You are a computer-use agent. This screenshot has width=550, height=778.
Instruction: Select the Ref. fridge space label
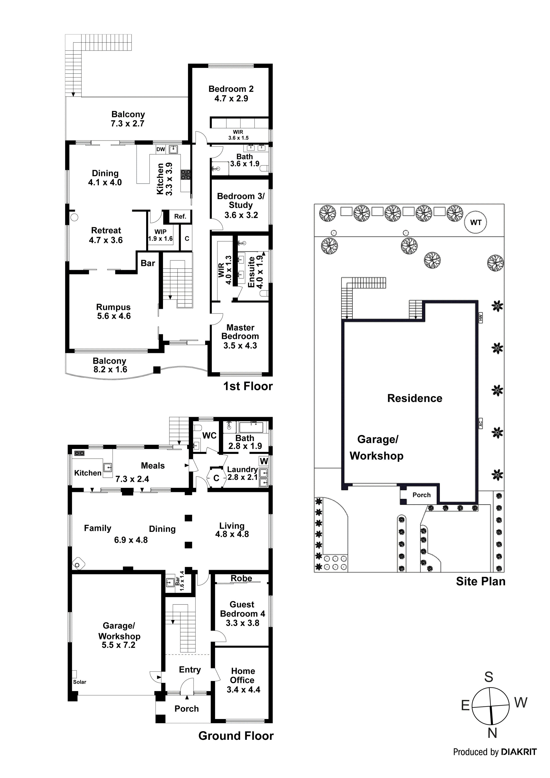click(180, 216)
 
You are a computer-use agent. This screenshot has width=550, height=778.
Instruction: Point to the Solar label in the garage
click(80, 682)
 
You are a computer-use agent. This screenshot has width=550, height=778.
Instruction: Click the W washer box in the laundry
click(264, 461)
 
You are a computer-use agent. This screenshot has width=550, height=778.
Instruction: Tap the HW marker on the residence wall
click(480, 318)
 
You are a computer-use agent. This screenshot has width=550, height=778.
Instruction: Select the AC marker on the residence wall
click(480, 423)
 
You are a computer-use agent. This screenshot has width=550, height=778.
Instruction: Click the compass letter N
click(492, 733)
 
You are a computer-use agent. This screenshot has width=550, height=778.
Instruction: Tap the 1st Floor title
click(248, 386)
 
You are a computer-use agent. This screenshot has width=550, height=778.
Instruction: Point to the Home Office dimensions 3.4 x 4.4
click(243, 690)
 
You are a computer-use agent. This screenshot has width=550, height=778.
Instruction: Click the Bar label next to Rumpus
click(148, 263)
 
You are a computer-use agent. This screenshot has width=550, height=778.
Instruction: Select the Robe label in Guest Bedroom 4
click(241, 578)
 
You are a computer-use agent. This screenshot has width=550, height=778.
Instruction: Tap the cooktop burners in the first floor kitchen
click(185, 175)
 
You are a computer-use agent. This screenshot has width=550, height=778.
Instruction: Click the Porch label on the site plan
click(421, 495)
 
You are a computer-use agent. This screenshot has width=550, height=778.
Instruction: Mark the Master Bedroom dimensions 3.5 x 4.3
click(240, 346)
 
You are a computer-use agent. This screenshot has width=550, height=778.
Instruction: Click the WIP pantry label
click(160, 232)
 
